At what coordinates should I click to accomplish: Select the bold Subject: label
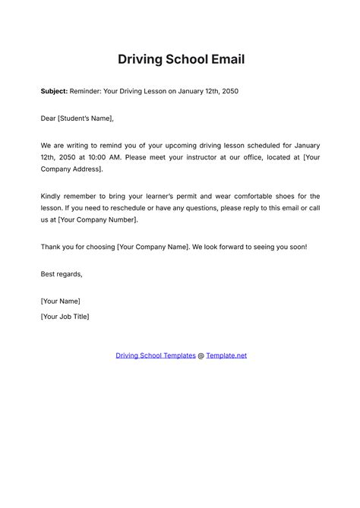point(54,92)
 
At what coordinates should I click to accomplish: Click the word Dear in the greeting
point(49,118)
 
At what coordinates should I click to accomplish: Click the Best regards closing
point(62,273)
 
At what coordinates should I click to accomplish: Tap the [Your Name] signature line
point(61,301)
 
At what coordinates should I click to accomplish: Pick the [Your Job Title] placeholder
point(65,316)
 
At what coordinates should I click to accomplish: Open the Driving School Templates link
point(155,355)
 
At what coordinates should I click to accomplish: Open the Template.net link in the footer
point(226,355)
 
